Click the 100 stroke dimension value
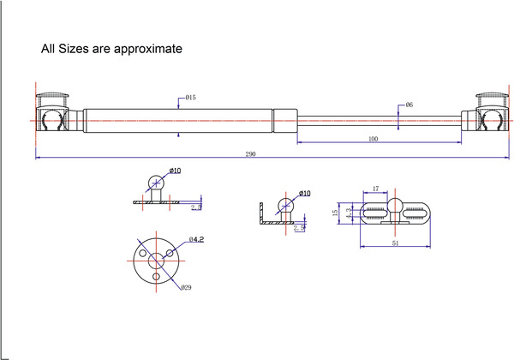373,138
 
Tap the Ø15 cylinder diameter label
190,98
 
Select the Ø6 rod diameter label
409,105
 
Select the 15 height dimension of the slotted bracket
336,213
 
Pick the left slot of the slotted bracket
374,213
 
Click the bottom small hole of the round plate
157,277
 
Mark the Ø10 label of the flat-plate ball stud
175,171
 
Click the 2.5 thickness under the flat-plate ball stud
196,207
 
